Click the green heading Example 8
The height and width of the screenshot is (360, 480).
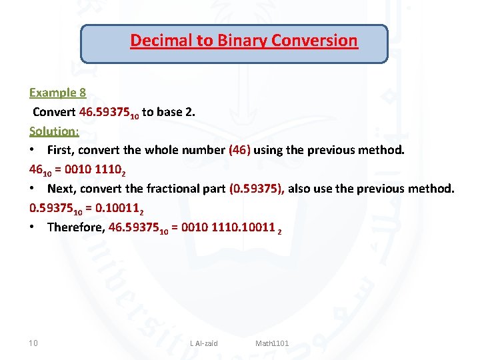coord(57,92)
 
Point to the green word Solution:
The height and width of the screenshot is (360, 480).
coord(54,131)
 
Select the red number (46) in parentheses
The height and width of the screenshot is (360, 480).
coord(239,150)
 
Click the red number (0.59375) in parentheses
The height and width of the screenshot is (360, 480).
coord(257,189)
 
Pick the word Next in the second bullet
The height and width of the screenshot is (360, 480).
coord(61,189)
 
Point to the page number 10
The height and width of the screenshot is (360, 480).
coord(33,343)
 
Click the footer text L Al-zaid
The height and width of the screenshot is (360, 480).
coord(204,343)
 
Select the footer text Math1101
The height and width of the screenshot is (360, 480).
coord(272,343)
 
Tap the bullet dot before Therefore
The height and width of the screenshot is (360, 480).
coord(33,228)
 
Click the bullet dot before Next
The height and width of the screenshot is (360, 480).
coord(33,189)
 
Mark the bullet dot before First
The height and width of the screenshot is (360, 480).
coord(33,151)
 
